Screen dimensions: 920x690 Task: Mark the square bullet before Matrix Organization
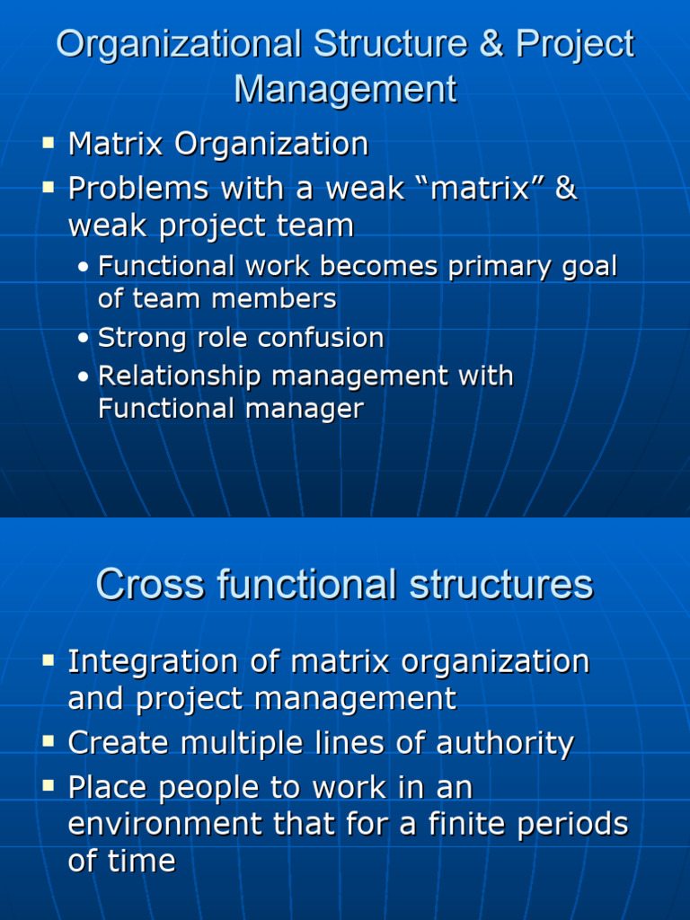(x=49, y=142)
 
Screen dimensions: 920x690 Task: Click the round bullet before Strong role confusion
(x=84, y=339)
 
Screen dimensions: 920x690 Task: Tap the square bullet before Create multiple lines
(x=49, y=741)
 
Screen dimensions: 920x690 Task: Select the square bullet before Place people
(x=49, y=786)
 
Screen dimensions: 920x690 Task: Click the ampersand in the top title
(x=491, y=44)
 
